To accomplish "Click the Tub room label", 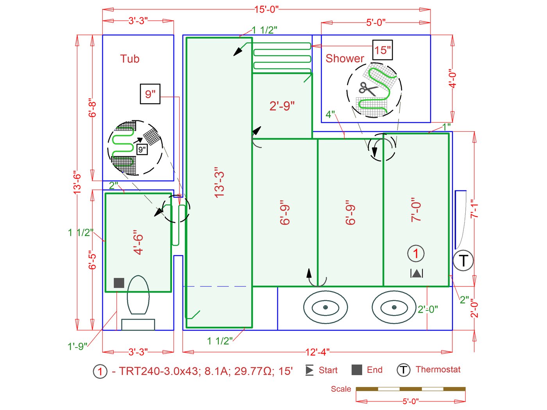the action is [130, 59].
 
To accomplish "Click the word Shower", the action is [345, 58].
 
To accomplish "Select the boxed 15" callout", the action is [383, 50].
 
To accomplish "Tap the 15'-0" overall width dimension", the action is [266, 9].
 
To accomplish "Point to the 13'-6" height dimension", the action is [77, 183].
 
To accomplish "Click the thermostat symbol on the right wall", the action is [463, 261].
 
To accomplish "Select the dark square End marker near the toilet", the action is [119, 283].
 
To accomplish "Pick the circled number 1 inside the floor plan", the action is [416, 254].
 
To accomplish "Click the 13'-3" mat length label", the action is [220, 183].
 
